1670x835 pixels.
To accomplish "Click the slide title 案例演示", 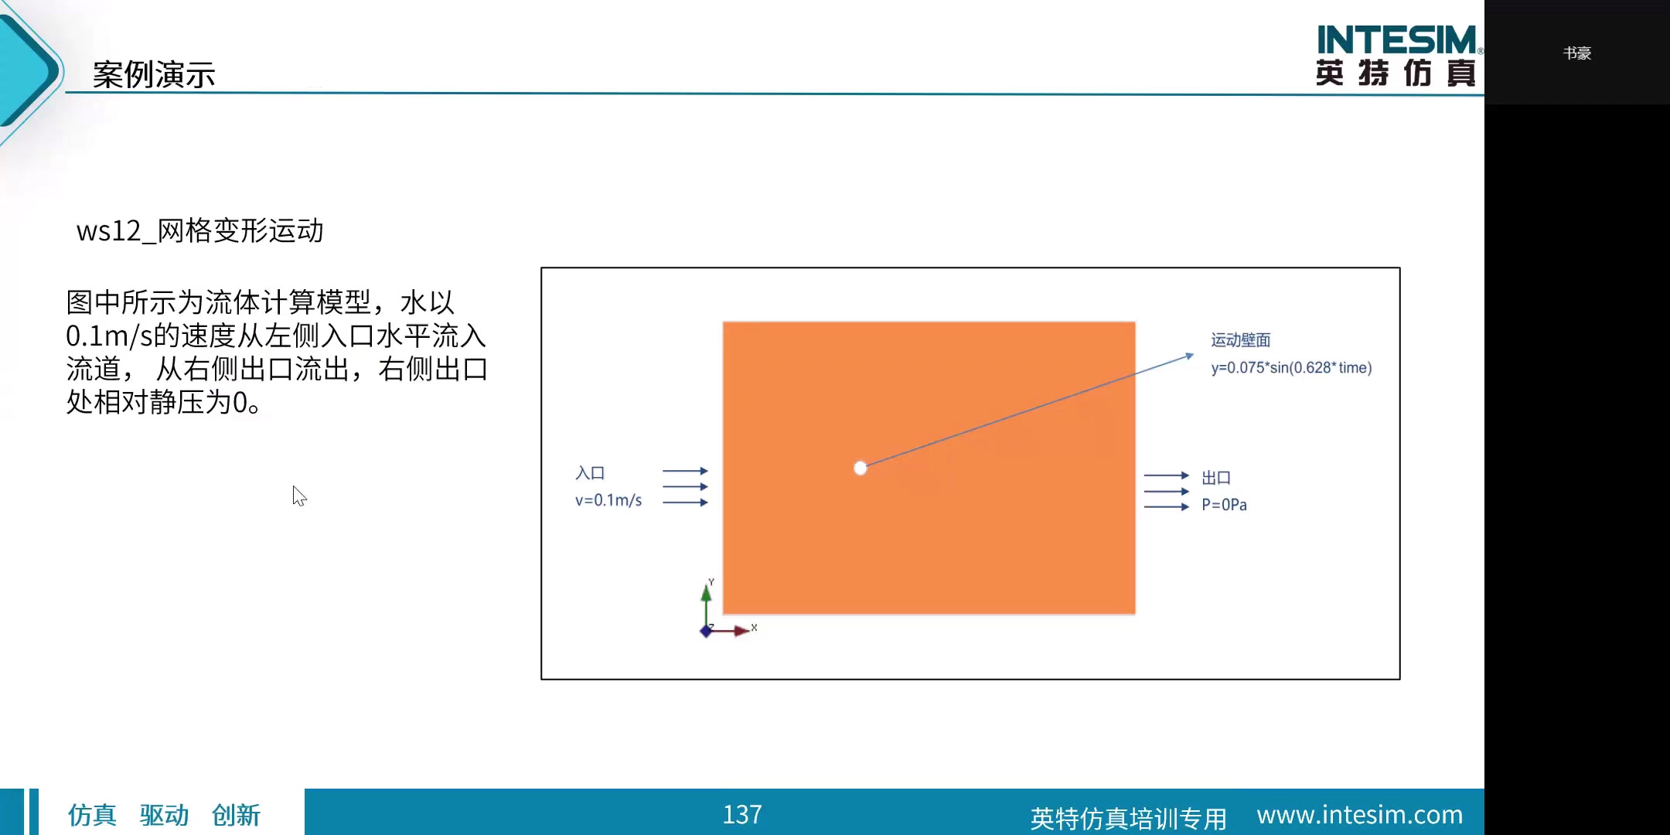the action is click(154, 74).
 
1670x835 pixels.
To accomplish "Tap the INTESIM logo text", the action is click(1397, 39).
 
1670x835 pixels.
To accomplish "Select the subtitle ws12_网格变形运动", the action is click(199, 230).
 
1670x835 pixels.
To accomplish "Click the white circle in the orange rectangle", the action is click(861, 468).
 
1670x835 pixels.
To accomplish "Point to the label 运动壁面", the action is click(1241, 339).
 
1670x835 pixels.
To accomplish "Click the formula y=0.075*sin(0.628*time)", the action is click(1291, 367).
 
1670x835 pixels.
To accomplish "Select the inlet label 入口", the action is click(590, 472).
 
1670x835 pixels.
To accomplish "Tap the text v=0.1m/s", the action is click(608, 500).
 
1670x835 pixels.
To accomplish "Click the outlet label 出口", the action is click(1216, 478).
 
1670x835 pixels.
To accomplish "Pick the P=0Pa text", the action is click(1224, 505).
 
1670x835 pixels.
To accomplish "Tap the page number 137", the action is click(742, 814).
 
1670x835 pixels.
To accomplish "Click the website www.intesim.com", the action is click(1360, 815).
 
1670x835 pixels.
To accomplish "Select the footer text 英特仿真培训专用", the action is click(1129, 818).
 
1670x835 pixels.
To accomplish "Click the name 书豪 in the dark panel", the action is click(1577, 53).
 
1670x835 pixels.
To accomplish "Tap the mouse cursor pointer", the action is click(299, 496).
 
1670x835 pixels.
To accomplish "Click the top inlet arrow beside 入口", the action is click(685, 471).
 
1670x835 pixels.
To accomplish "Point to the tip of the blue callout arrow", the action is click(1194, 354).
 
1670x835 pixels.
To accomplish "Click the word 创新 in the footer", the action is click(236, 815).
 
